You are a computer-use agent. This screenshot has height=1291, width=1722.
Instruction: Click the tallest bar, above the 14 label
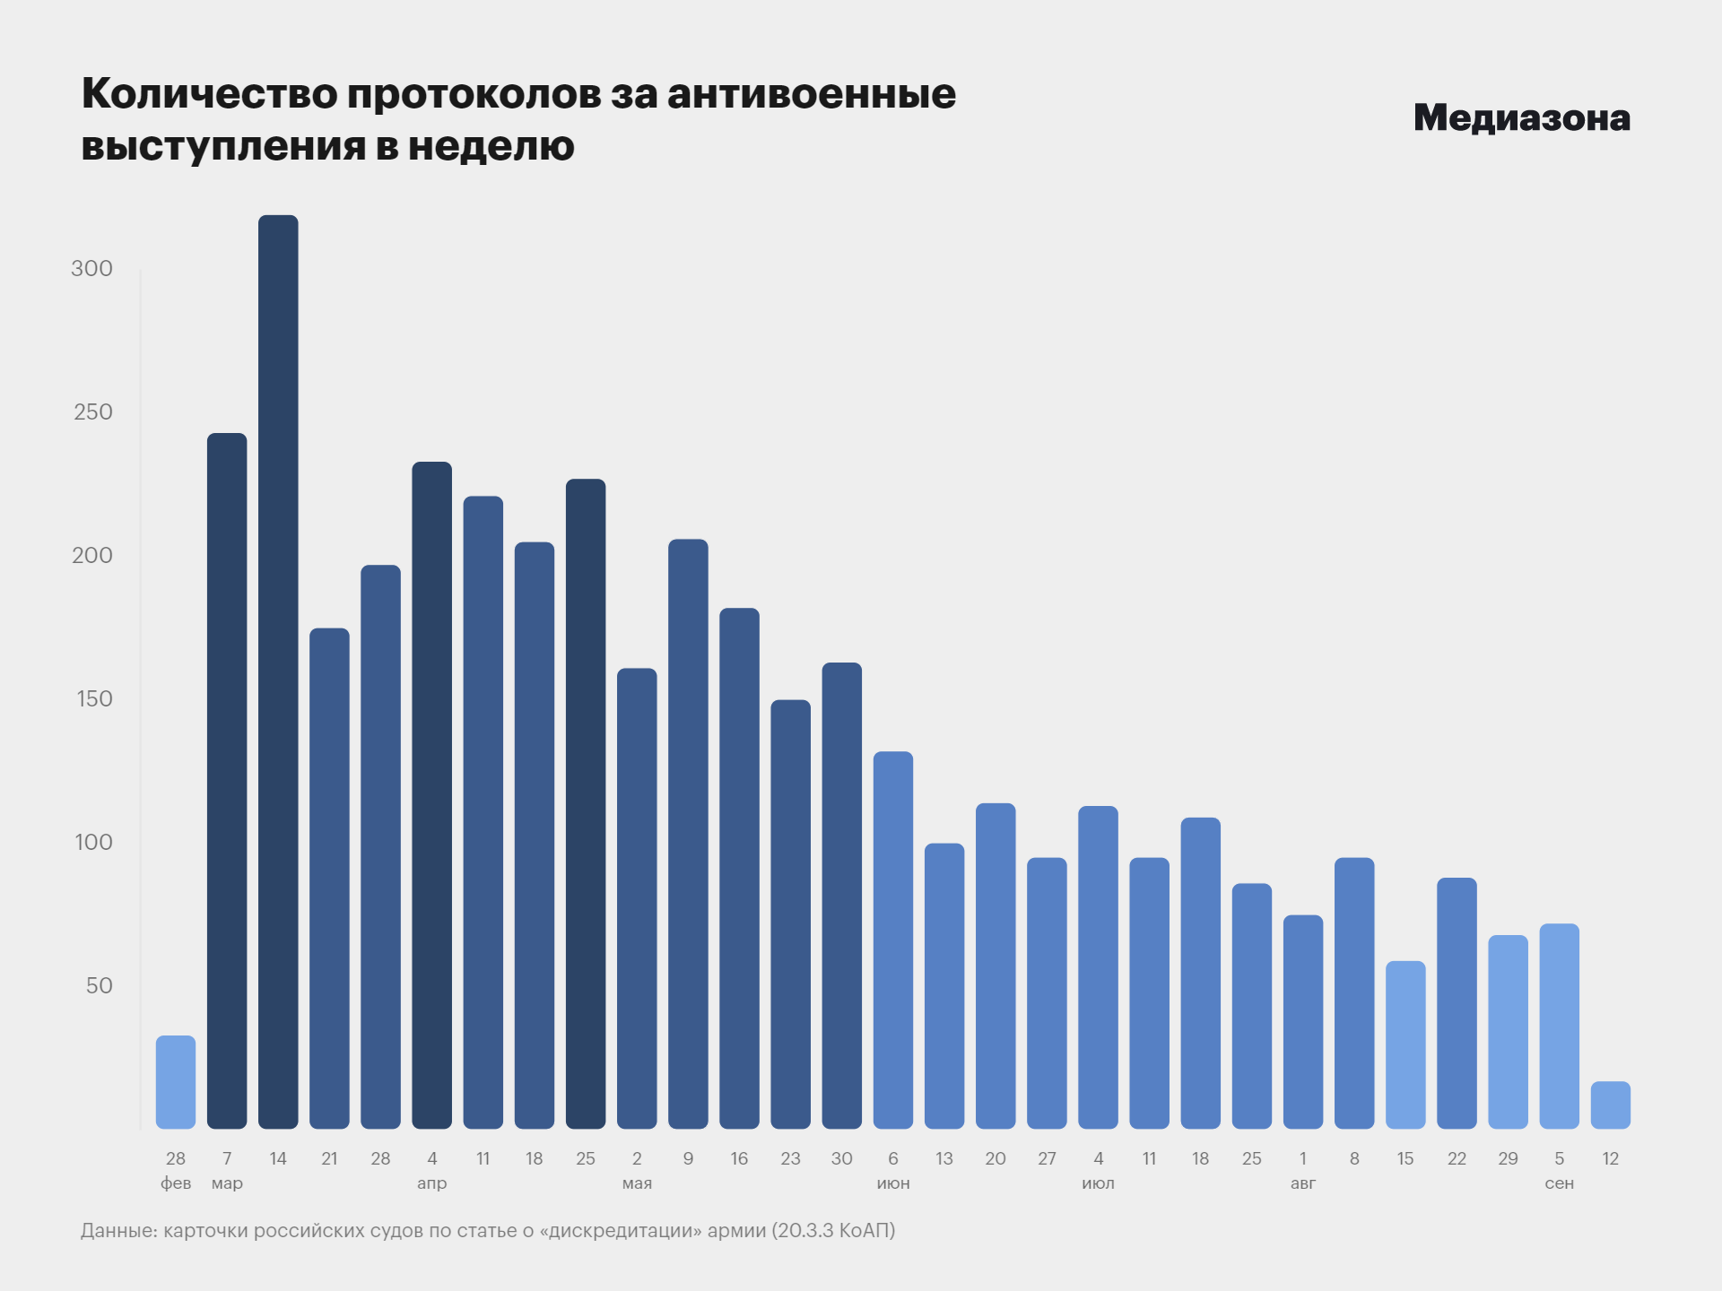pos(278,672)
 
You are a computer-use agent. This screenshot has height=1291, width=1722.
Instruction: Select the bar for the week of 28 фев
pos(176,1082)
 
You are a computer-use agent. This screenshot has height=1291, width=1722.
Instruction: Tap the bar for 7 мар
pos(227,780)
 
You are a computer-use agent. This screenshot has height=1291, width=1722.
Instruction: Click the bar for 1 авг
pos(1303,1022)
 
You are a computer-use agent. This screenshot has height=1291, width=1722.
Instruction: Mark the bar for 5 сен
pos(1559,1026)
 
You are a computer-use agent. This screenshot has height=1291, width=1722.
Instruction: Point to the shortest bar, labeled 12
pos(1610,1105)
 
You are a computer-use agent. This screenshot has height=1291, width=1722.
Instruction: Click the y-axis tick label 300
pos(91,268)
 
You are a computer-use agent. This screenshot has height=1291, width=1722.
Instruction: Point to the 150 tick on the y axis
pos(94,698)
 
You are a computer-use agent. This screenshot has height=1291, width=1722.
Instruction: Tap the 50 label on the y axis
pos(99,985)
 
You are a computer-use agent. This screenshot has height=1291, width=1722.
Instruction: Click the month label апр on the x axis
pos(431,1183)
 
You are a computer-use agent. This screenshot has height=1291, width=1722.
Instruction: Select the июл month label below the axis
pos(1098,1183)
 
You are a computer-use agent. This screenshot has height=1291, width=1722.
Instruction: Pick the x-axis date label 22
pos(1457,1158)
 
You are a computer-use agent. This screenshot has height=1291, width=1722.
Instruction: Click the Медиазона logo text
pos(1521,117)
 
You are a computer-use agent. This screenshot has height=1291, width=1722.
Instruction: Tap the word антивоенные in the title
pos(811,94)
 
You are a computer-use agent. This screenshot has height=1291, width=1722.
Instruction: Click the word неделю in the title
pos(491,146)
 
